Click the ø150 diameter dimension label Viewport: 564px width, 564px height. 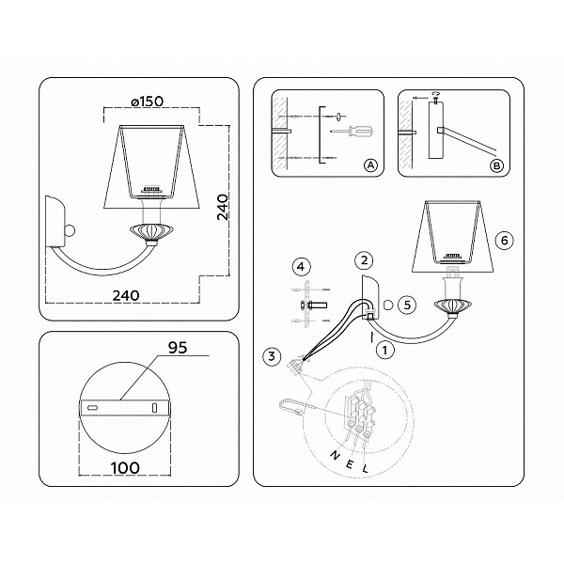click(x=148, y=102)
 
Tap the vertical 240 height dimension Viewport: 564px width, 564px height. click(x=223, y=207)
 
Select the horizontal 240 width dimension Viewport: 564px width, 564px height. click(x=126, y=295)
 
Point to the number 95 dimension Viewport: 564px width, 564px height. click(x=178, y=348)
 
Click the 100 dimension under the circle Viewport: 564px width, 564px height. click(x=125, y=468)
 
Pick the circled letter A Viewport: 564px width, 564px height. click(x=371, y=165)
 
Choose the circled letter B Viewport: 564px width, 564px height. click(x=497, y=165)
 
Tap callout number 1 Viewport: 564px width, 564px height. click(x=384, y=350)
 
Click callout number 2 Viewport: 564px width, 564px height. click(x=364, y=260)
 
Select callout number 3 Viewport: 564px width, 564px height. click(x=272, y=356)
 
